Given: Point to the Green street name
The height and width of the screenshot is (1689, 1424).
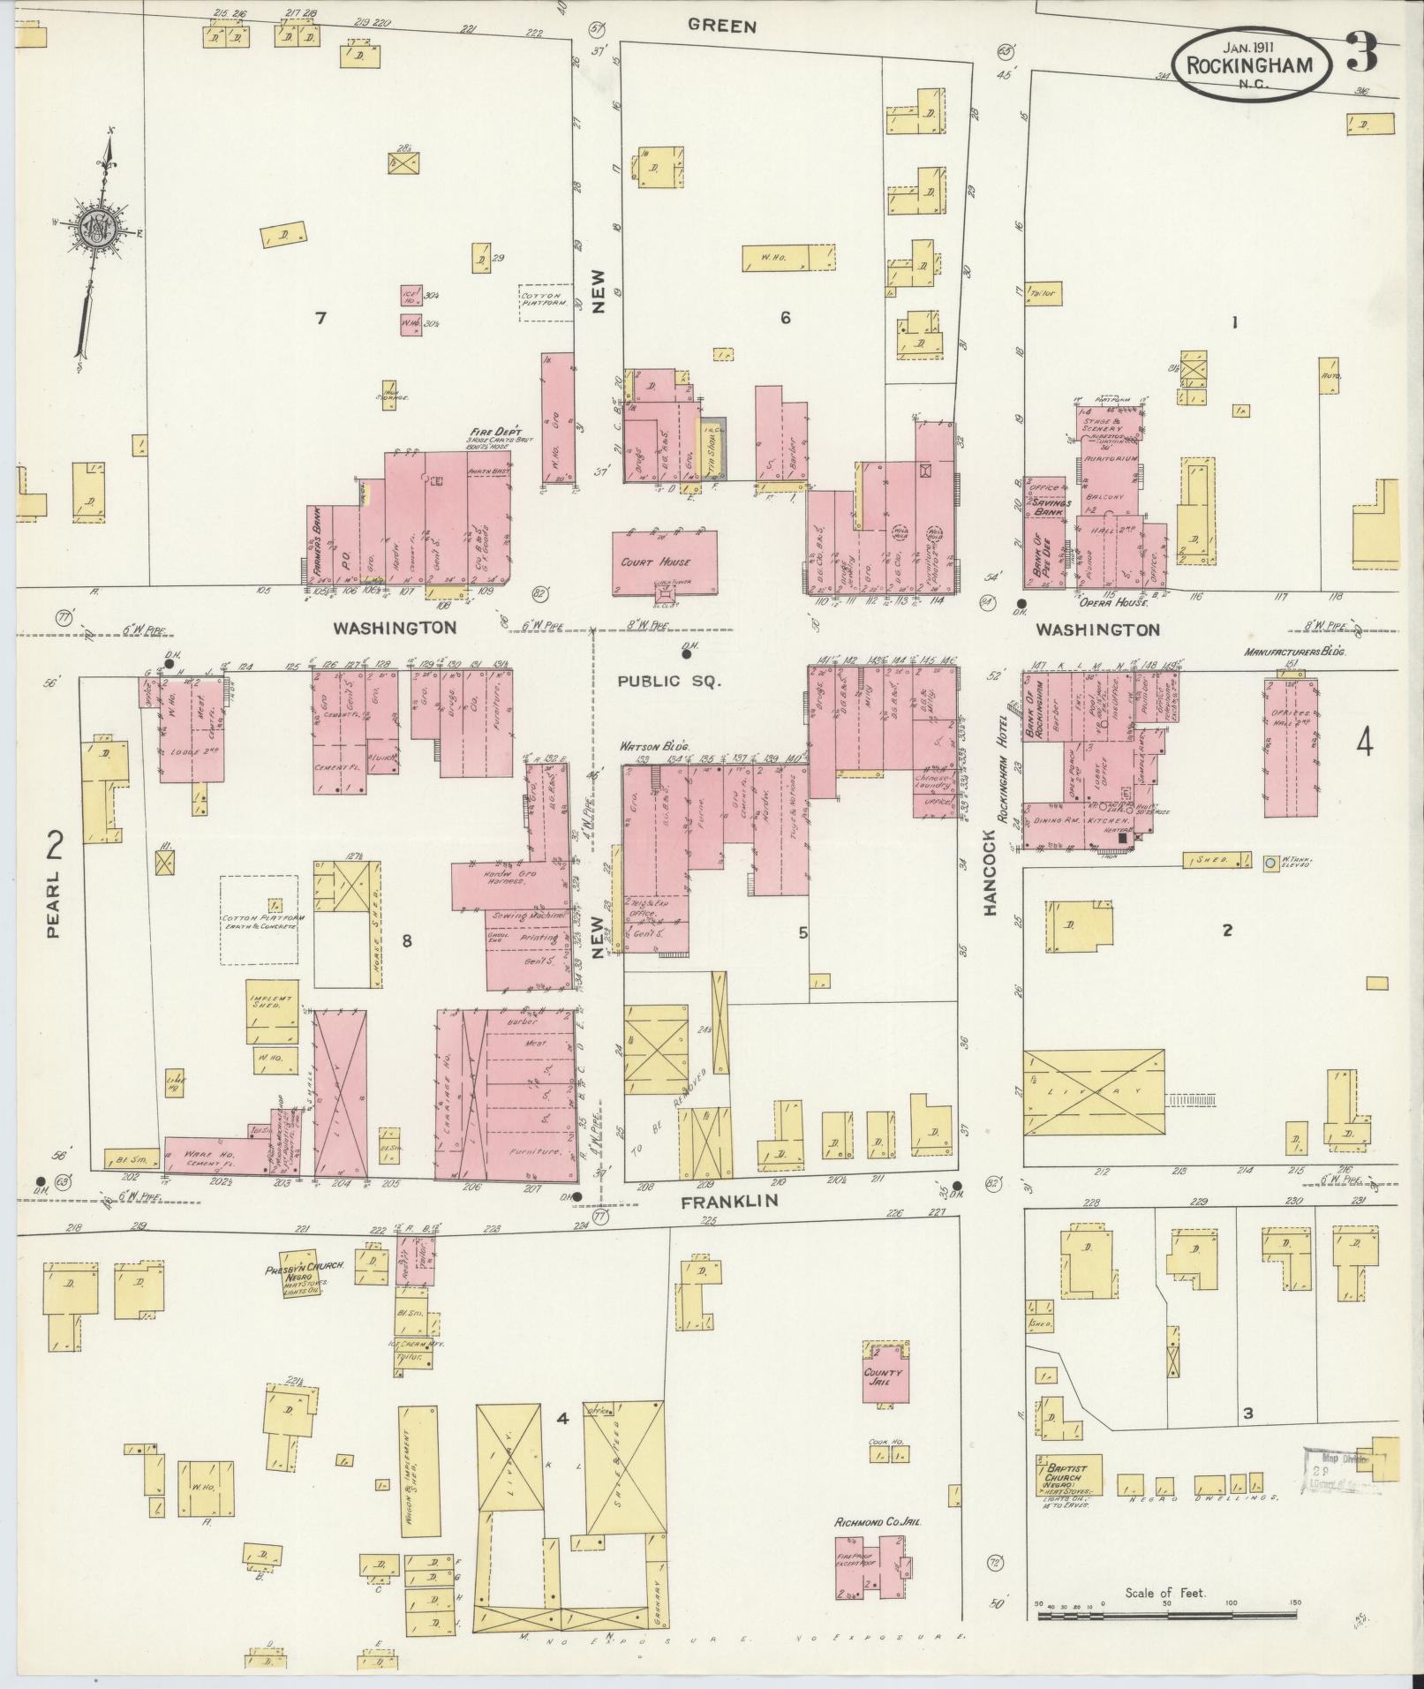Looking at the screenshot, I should (722, 26).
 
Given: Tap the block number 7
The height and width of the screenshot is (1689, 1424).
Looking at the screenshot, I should (321, 318).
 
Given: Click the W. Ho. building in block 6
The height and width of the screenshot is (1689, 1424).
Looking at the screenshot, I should (788, 257).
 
